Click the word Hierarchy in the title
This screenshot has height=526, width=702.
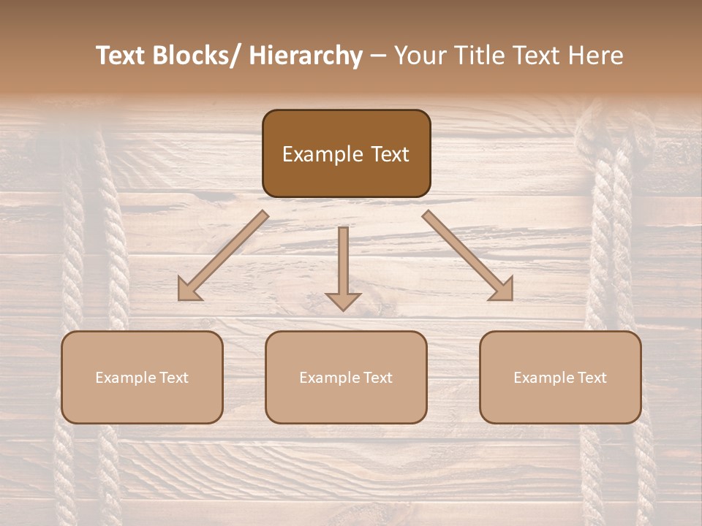(305, 56)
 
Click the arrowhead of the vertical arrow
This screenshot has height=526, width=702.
(343, 301)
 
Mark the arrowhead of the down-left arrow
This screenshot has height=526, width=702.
(189, 289)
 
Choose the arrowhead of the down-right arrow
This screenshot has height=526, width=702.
(502, 289)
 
